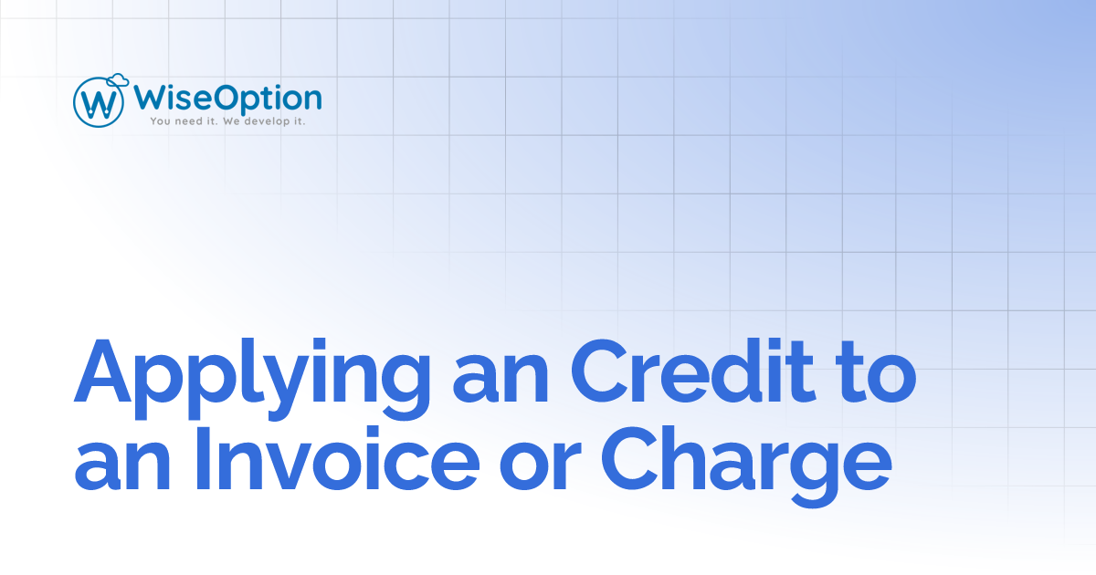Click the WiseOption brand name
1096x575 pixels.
coord(227,98)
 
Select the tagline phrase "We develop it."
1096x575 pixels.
coord(268,120)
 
